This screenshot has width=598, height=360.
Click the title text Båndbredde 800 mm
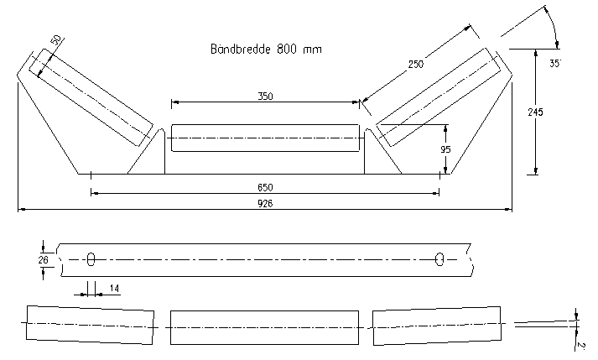(x=265, y=50)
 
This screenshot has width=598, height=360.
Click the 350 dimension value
(x=265, y=97)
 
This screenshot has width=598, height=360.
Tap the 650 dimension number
(x=265, y=186)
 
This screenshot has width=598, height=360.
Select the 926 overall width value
(x=265, y=203)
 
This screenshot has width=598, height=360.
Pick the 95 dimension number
(x=446, y=149)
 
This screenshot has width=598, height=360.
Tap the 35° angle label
(x=554, y=63)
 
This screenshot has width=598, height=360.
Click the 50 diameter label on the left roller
(x=56, y=41)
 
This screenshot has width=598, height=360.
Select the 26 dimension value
(x=44, y=260)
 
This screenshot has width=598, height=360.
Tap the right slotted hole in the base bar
(x=439, y=260)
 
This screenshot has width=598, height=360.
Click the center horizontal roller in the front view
(x=265, y=138)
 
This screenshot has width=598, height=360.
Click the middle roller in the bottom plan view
(x=265, y=326)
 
